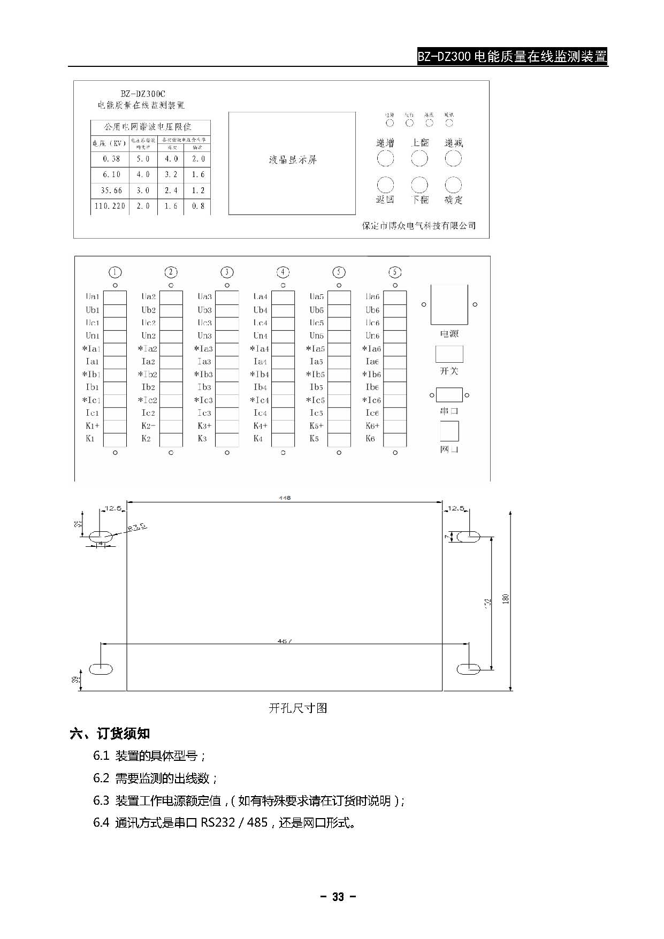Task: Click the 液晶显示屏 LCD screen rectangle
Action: click(292, 163)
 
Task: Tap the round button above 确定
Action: click(453, 185)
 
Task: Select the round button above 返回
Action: click(385, 185)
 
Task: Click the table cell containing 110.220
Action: click(110, 206)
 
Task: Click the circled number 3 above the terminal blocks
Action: click(227, 272)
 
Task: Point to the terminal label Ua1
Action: click(93, 296)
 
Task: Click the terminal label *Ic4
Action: click(260, 400)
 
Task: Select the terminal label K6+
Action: click(372, 426)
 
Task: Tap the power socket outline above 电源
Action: click(449, 304)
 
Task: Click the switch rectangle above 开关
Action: click(449, 354)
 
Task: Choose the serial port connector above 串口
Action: click(449, 395)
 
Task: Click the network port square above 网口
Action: click(449, 431)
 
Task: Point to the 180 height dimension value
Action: click(506, 599)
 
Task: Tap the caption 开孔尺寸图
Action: click(297, 708)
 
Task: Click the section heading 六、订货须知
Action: click(110, 734)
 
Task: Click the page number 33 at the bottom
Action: click(338, 897)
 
